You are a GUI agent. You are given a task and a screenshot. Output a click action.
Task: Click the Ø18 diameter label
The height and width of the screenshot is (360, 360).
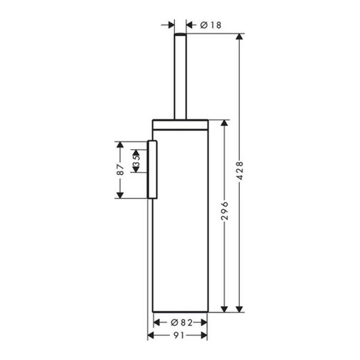click(x=211, y=25)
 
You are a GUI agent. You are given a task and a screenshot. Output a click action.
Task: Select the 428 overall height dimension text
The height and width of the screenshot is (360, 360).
click(x=240, y=171)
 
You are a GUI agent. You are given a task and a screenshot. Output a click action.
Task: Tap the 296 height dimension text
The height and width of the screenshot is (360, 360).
click(x=225, y=211)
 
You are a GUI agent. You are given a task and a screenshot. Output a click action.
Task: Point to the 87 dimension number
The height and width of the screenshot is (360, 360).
click(x=121, y=170)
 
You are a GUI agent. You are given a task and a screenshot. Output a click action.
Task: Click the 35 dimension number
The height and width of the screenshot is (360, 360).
click(x=136, y=161)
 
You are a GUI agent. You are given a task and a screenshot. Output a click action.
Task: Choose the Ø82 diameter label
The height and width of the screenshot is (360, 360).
click(x=181, y=323)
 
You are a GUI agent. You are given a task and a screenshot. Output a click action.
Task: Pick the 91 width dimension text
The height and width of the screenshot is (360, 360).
click(x=179, y=336)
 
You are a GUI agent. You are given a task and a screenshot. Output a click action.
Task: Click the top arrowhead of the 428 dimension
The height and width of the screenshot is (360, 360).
click(x=240, y=37)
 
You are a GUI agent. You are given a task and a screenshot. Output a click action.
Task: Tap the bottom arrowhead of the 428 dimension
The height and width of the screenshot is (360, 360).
click(x=240, y=309)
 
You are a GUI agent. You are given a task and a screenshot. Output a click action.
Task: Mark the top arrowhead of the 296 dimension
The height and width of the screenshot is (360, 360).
click(x=224, y=123)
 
